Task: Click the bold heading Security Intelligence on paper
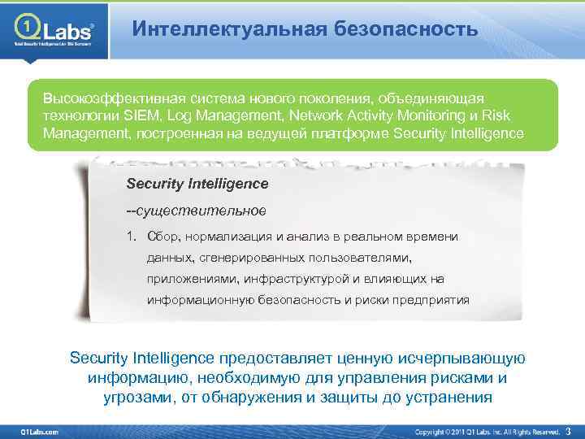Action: (x=197, y=184)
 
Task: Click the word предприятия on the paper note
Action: (x=431, y=299)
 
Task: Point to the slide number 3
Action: (x=568, y=430)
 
